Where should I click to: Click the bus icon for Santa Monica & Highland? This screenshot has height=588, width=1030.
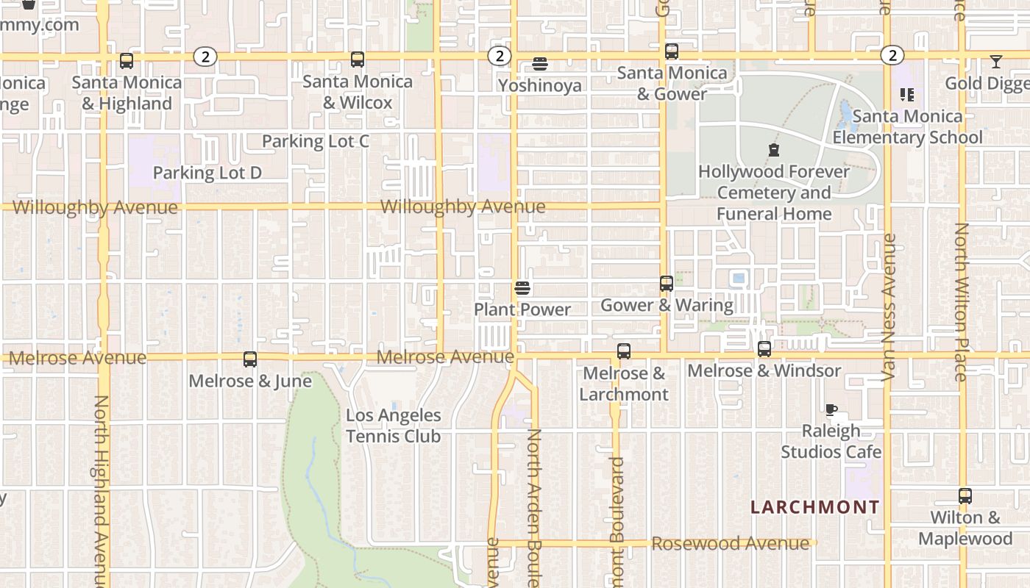tap(127, 61)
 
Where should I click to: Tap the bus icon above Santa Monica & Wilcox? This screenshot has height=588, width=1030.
tap(358, 60)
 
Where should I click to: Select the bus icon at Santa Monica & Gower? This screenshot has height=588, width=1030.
tap(672, 51)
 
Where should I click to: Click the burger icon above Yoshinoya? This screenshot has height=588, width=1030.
tap(540, 64)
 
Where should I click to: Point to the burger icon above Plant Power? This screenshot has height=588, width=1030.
tap(522, 288)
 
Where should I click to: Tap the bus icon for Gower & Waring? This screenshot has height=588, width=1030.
tap(667, 284)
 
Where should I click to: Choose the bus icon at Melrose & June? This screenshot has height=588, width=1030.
tap(250, 359)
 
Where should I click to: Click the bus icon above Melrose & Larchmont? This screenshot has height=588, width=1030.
tap(624, 351)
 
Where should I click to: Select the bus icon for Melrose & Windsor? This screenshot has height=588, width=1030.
tap(764, 349)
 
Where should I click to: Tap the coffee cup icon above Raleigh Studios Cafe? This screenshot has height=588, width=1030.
tap(831, 410)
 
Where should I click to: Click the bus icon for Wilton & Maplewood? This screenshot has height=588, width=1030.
tap(965, 496)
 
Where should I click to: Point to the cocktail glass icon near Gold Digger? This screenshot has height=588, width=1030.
tap(996, 62)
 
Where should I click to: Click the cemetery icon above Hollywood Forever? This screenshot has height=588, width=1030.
tap(774, 151)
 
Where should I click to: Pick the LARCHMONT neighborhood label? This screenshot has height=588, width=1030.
tap(814, 507)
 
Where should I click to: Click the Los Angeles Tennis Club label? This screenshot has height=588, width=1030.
tap(394, 426)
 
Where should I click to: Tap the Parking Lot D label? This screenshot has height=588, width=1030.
tap(207, 173)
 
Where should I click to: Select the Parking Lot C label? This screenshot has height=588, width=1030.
tap(316, 141)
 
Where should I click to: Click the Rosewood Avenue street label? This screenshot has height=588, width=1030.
tap(731, 544)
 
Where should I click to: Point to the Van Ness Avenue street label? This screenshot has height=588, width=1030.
tap(889, 307)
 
